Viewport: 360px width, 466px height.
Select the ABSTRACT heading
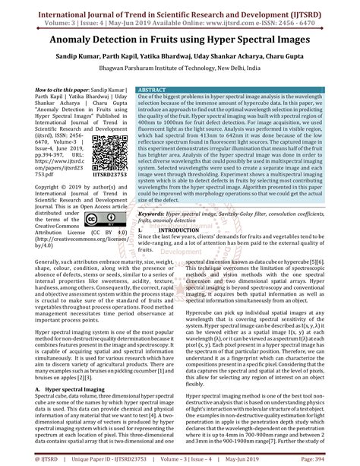(x=154, y=90)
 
